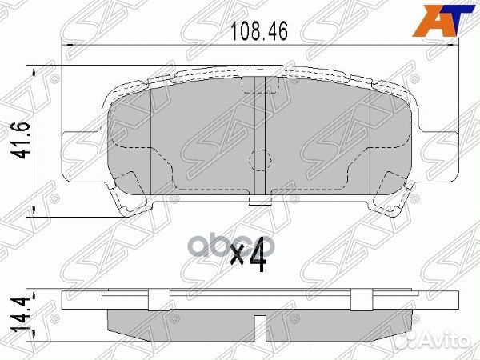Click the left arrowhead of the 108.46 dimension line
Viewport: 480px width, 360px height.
coord(67,46)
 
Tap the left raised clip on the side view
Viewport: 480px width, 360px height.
coord(152,300)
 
